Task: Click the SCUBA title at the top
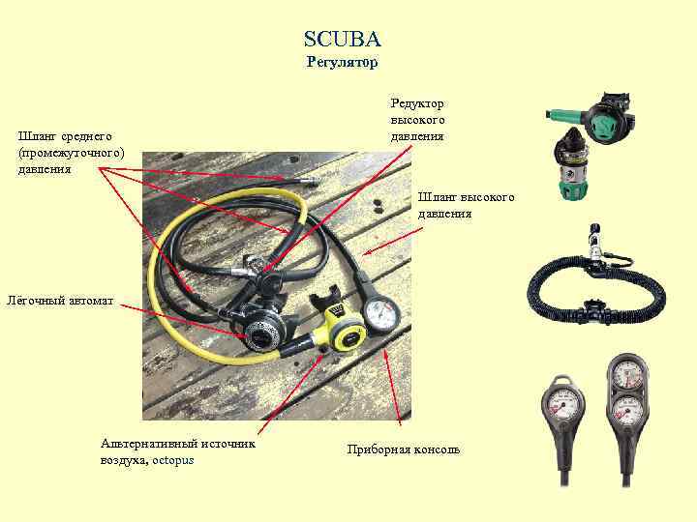pos(343,39)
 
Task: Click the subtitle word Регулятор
pos(343,62)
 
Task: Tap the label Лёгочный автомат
pos(60,301)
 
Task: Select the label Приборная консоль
pos(403,449)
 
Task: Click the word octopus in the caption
pos(173,460)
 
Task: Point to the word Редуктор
pos(417,103)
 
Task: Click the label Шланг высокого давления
pos(466,205)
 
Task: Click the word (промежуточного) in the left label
pos(71,153)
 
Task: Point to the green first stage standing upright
pos(572,164)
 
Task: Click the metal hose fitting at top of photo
pos(311,180)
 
